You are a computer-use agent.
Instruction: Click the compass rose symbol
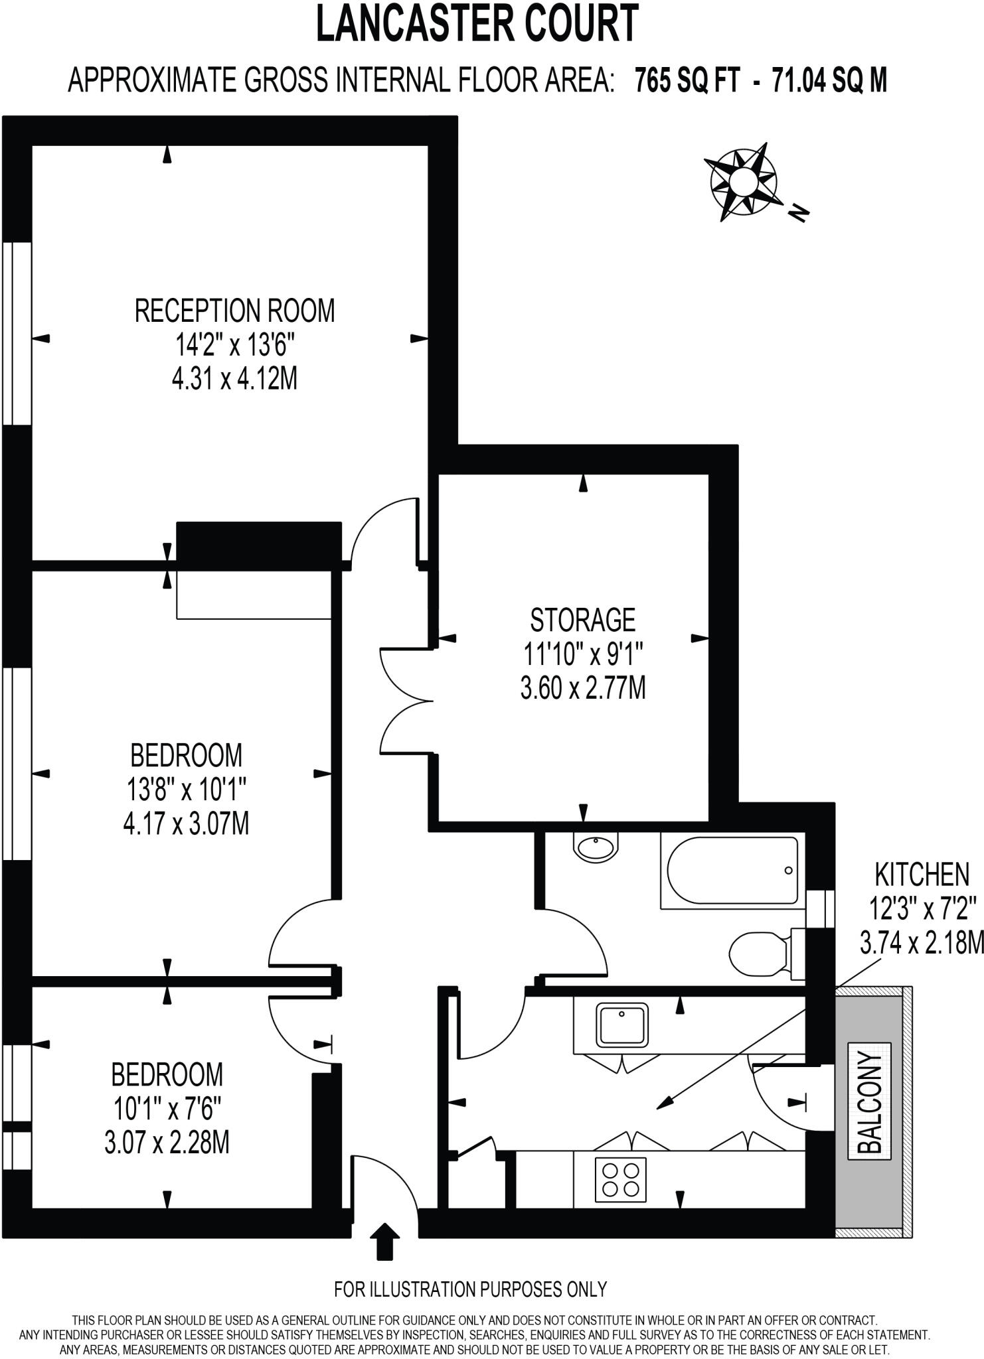click(x=742, y=180)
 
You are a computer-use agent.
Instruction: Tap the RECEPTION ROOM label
click(x=234, y=311)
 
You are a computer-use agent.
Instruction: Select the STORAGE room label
click(x=582, y=620)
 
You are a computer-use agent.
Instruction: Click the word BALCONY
click(x=870, y=1102)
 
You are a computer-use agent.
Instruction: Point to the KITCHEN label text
click(x=922, y=875)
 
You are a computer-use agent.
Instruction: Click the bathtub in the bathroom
click(x=732, y=870)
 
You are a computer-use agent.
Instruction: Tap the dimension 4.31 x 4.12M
click(x=234, y=380)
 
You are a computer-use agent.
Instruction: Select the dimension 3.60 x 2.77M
click(x=582, y=689)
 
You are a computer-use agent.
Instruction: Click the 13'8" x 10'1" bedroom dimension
click(x=187, y=790)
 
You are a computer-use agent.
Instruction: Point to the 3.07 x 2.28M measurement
click(x=167, y=1143)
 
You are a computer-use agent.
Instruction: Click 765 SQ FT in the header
click(x=687, y=81)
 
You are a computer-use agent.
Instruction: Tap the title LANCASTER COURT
click(x=477, y=24)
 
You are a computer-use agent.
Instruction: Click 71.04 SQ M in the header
click(x=829, y=81)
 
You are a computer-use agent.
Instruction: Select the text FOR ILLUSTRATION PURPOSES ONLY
click(x=470, y=1289)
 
